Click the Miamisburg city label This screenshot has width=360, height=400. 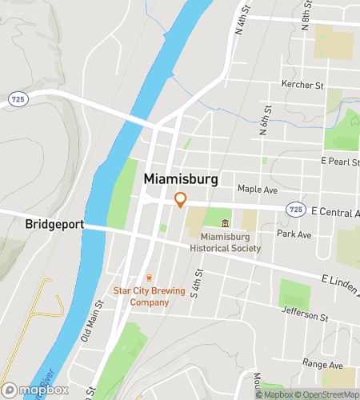180,180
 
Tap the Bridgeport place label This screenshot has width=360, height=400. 54,224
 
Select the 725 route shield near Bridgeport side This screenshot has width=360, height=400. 17,98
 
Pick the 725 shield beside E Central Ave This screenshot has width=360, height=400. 295,210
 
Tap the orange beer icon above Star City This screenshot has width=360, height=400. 147,278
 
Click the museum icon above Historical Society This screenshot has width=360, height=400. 225,223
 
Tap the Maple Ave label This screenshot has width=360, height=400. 257,189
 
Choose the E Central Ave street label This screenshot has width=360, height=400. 334,211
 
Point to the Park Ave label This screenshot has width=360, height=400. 294,235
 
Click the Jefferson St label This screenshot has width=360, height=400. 308,317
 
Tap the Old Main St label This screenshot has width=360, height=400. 93,319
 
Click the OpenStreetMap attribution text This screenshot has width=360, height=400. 328,394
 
